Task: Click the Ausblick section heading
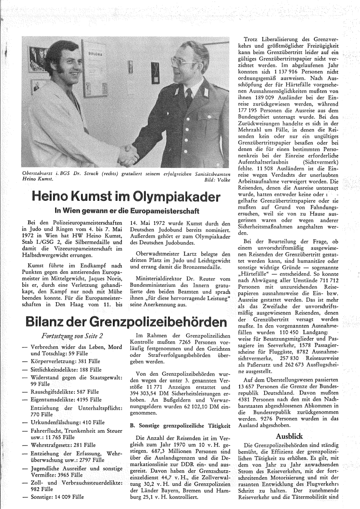coord(289,436)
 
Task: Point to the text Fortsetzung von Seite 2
coord(64,323)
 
